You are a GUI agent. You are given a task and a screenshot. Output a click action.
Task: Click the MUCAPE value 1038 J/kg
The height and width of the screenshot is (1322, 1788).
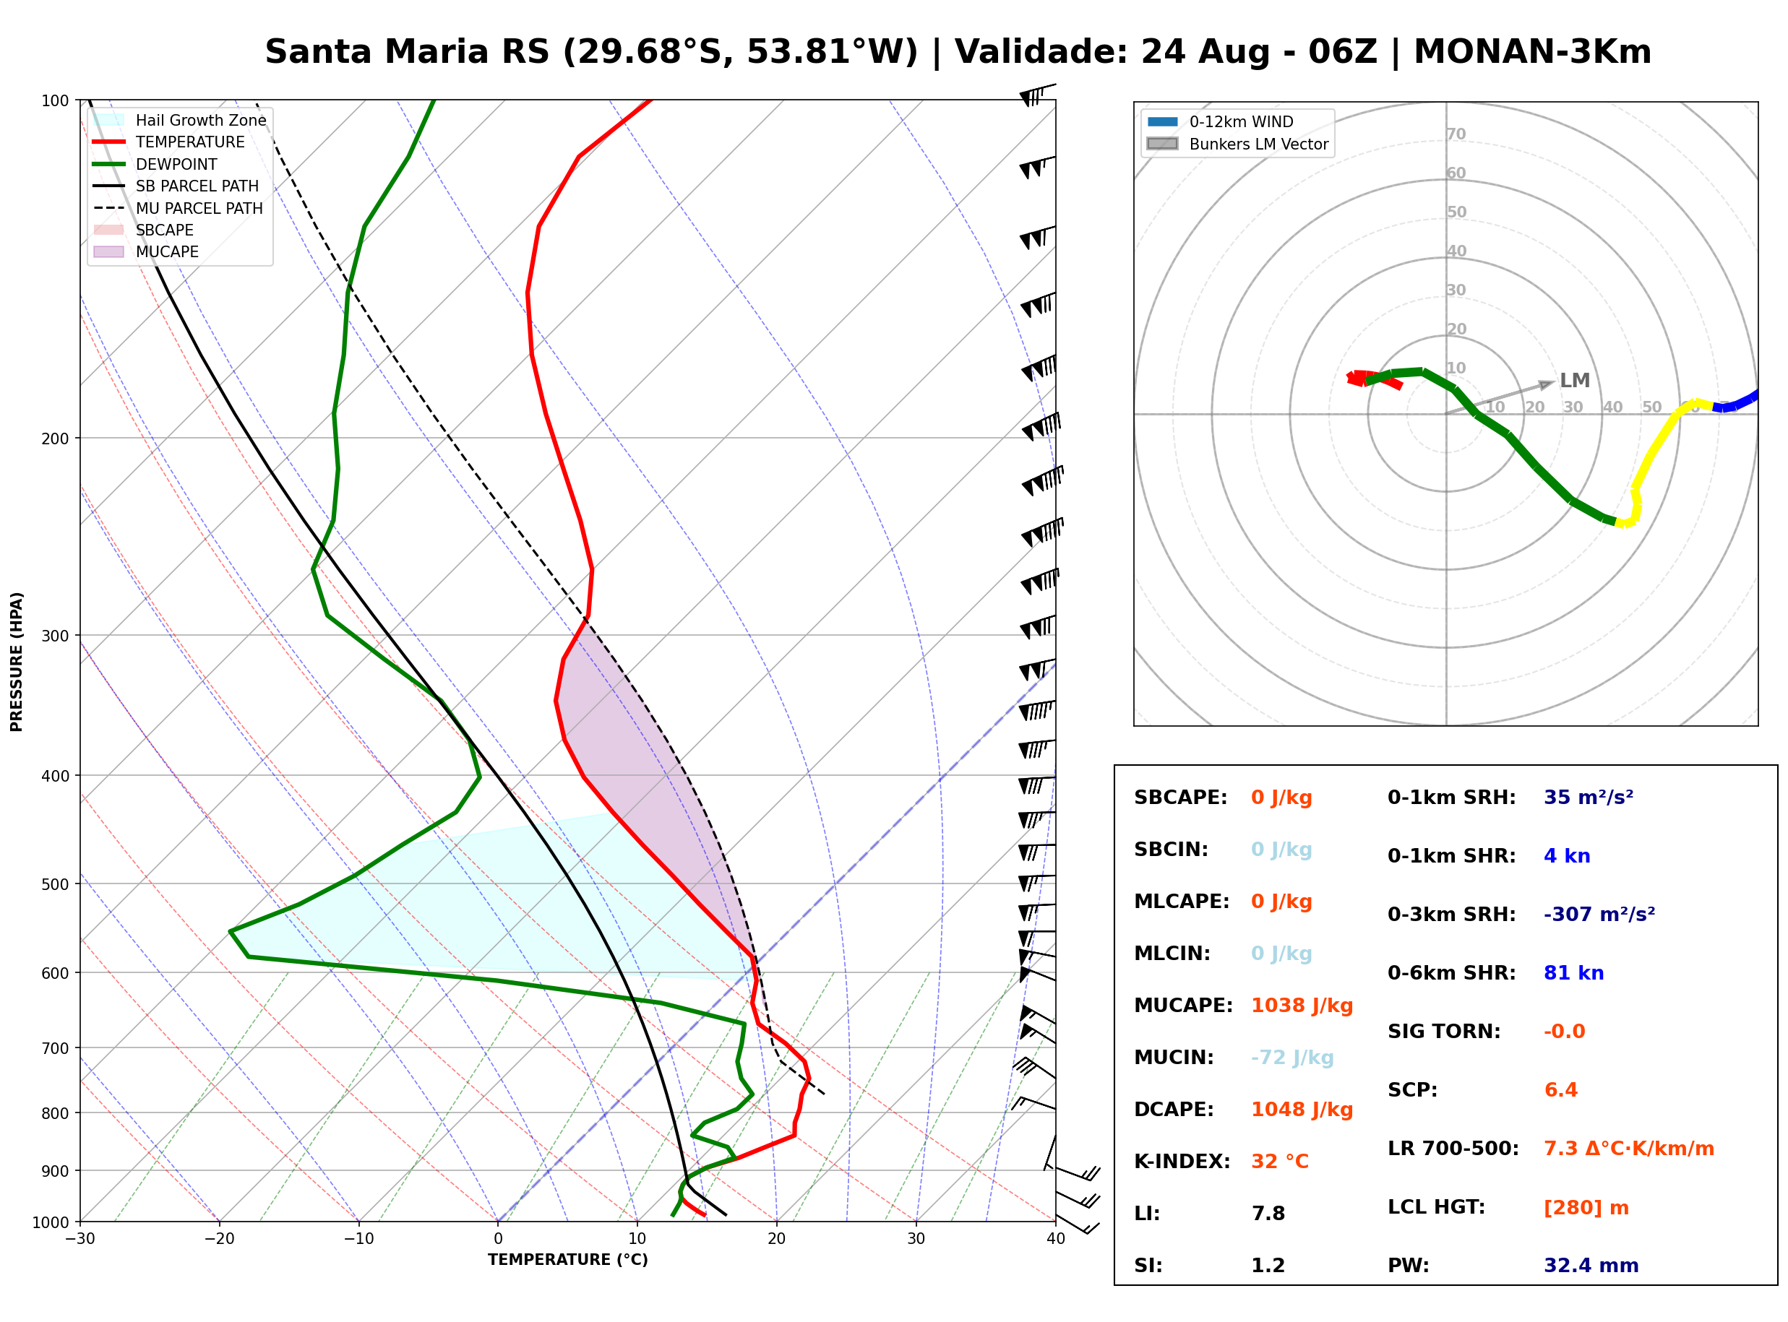point(1302,1006)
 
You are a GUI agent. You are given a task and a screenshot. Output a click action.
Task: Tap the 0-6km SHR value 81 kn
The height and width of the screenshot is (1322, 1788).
point(1573,973)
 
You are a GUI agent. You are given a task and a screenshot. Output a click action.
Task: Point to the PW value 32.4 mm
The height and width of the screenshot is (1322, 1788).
point(1591,1266)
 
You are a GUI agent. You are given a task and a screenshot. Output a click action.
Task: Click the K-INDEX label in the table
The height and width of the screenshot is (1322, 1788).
point(1182,1162)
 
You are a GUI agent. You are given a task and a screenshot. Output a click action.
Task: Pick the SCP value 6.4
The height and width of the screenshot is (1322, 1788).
point(1560,1090)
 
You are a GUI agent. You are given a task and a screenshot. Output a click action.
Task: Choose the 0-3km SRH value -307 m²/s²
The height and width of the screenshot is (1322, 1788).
point(1599,914)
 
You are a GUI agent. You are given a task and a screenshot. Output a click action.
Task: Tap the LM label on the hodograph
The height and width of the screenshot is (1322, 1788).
point(1574,381)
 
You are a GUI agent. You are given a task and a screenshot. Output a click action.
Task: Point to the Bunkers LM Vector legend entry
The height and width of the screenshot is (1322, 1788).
point(1237,144)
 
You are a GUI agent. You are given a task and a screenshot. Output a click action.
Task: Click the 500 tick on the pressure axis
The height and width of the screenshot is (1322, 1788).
point(55,884)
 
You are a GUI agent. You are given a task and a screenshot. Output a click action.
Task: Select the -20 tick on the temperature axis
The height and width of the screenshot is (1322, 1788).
point(219,1239)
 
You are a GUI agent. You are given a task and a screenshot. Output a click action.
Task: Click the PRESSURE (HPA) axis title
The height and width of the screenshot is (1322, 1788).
point(16,662)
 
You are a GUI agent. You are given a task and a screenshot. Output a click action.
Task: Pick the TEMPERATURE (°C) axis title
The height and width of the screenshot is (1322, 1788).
point(568,1260)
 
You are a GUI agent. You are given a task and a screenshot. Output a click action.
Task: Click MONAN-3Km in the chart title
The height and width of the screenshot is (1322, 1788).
point(1533,52)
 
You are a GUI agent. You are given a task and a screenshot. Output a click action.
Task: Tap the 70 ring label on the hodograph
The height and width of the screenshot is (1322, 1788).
point(1456,134)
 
